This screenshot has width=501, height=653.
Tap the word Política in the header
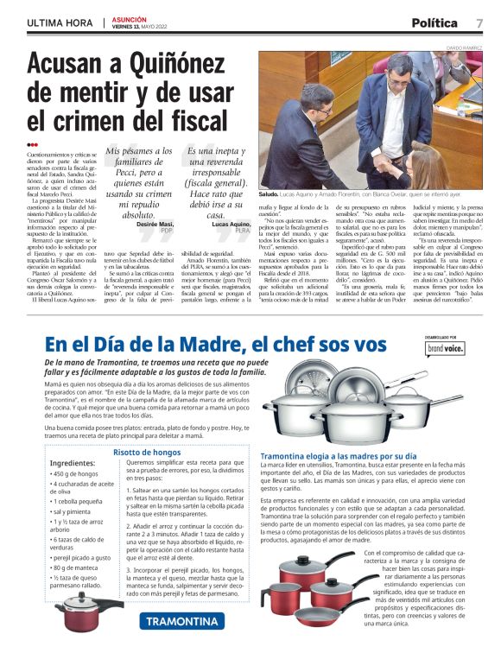pyautogui.click(x=435, y=22)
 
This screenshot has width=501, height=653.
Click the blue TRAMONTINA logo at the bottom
pyautogui.click(x=182, y=621)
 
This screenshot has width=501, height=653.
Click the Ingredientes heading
pyautogui.click(x=74, y=462)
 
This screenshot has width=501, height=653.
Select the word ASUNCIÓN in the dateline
pyautogui.click(x=130, y=18)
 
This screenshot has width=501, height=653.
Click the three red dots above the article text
pyautogui.click(x=32, y=144)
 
